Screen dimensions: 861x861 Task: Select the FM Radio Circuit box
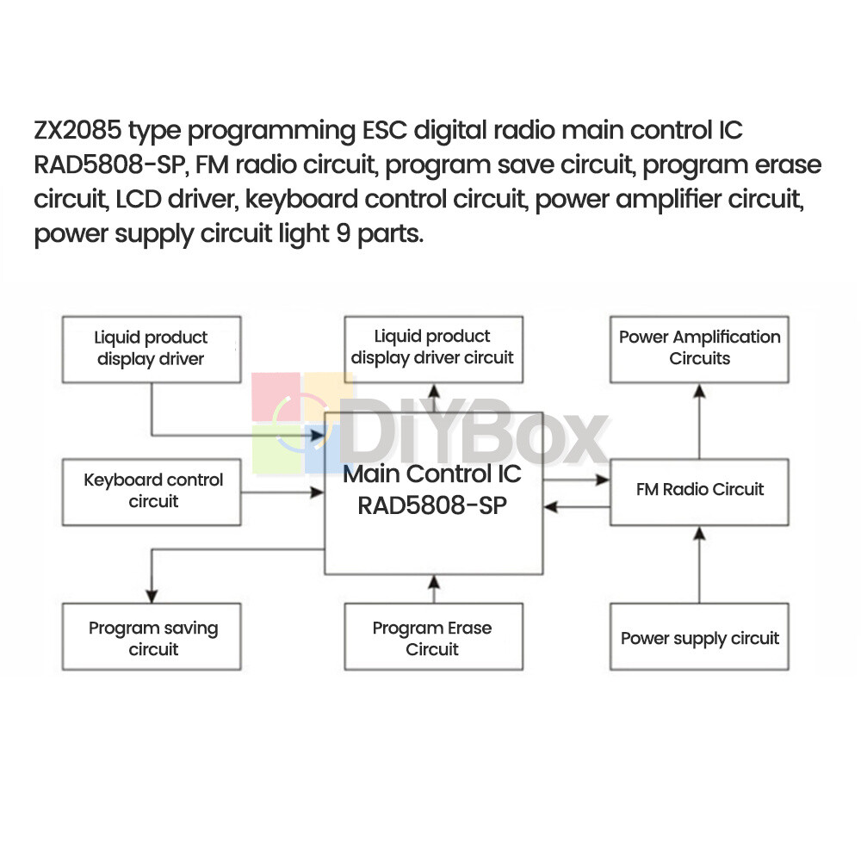pos(699,490)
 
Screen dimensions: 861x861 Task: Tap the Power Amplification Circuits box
pos(699,348)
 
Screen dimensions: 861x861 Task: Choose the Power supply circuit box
pos(699,638)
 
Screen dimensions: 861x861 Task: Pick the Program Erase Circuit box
pos(433,638)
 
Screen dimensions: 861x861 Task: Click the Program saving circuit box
pos(152,638)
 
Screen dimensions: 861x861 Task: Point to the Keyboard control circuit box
pos(152,490)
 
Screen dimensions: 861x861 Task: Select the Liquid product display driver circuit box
pos(433,348)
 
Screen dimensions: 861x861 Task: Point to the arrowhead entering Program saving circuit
pos(152,595)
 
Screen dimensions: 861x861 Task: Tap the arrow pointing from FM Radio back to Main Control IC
pos(577,506)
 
